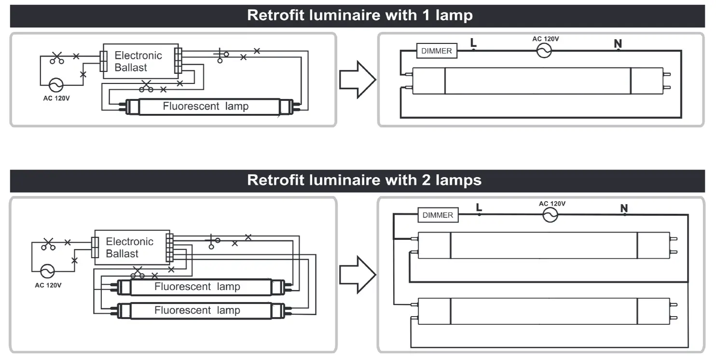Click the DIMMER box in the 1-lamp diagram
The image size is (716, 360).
pyautogui.click(x=437, y=51)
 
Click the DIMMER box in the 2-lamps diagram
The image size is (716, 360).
pyautogui.click(x=438, y=215)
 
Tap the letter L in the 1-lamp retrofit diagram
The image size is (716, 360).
pyautogui.click(x=473, y=42)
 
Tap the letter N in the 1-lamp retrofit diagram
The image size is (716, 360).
pyautogui.click(x=618, y=43)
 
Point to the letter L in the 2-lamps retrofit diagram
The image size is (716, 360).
pyautogui.click(x=479, y=207)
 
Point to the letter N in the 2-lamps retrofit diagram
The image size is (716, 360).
pyautogui.click(x=624, y=208)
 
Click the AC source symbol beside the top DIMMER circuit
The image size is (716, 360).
pyautogui.click(x=544, y=51)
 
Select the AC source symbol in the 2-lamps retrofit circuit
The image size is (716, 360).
pyautogui.click(x=551, y=215)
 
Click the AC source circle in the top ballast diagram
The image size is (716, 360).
pyautogui.click(x=56, y=85)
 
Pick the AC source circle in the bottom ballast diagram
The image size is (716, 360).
pyautogui.click(x=47, y=271)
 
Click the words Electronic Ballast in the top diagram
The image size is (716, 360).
pyautogui.click(x=138, y=61)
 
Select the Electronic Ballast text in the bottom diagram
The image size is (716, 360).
pyautogui.click(x=129, y=248)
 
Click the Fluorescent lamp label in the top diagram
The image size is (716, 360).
pyautogui.click(x=206, y=106)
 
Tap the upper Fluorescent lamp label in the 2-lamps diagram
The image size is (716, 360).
pyautogui.click(x=197, y=287)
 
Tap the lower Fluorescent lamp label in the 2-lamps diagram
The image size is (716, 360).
pyautogui.click(x=197, y=310)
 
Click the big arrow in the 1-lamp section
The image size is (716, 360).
pyautogui.click(x=358, y=80)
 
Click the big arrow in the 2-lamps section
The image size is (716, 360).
pyautogui.click(x=358, y=275)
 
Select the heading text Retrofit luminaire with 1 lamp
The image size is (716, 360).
pyautogui.click(x=360, y=15)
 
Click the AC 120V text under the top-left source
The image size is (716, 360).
pyautogui.click(x=56, y=98)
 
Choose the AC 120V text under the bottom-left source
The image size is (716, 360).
pyautogui.click(x=48, y=285)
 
